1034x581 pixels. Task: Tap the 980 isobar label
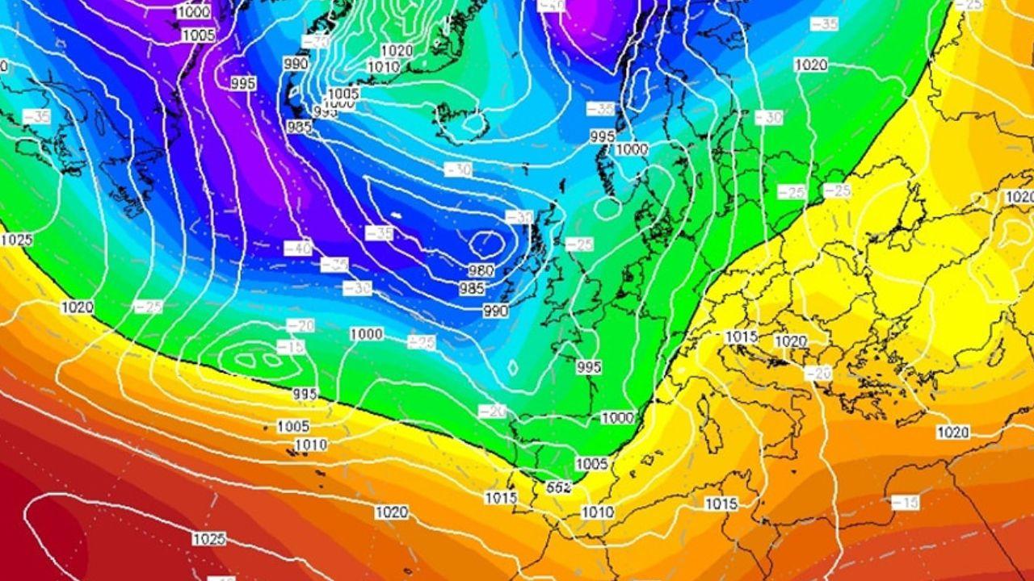[x=481, y=271]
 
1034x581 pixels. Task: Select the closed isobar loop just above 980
[x=487, y=241]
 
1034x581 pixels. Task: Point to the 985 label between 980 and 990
[x=472, y=288]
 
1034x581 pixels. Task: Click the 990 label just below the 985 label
[x=495, y=311]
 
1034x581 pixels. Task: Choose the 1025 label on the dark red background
[x=208, y=538]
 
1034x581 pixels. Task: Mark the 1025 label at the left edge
[x=16, y=240]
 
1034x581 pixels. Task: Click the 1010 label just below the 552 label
[x=597, y=512]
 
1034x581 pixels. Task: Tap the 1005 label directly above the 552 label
[x=591, y=463]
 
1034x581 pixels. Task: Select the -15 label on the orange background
[x=906, y=502]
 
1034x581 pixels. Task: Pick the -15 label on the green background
[x=291, y=347]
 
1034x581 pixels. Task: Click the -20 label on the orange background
[x=818, y=373]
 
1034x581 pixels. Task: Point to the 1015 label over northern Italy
[x=741, y=336]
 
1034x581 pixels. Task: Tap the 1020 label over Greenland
[x=396, y=51]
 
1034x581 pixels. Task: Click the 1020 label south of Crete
[x=952, y=433]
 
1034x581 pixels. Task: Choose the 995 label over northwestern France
[x=589, y=367]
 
